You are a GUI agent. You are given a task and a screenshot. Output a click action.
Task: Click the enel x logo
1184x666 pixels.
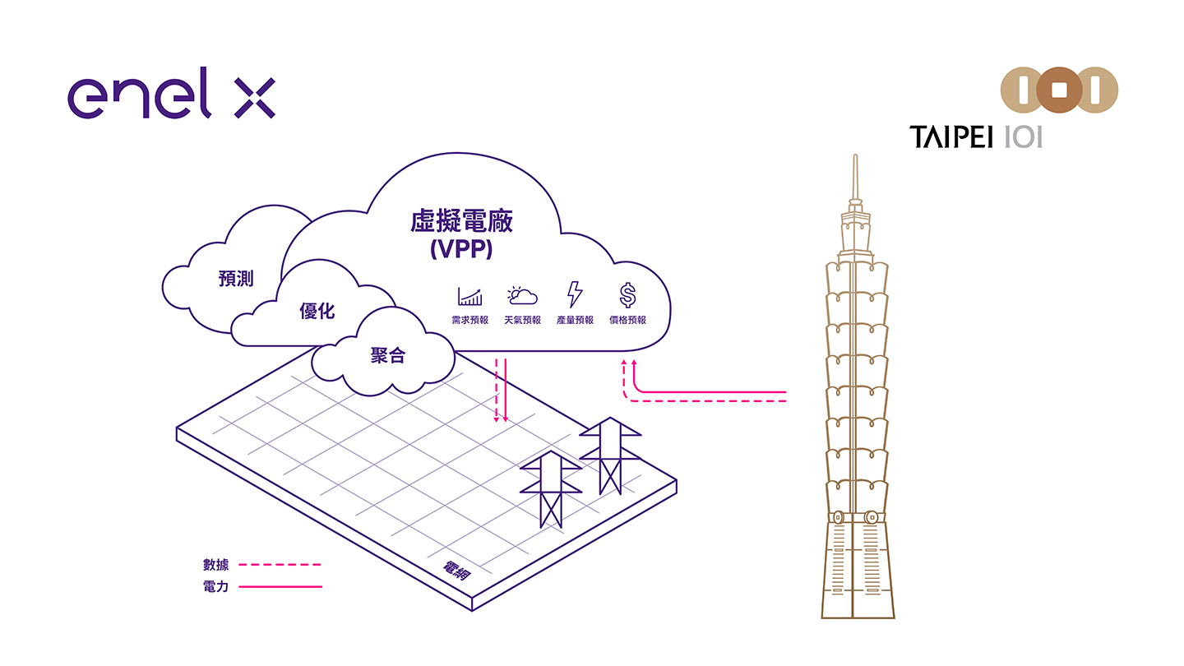[171, 98]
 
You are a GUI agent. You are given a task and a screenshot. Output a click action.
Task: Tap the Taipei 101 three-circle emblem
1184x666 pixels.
[1059, 90]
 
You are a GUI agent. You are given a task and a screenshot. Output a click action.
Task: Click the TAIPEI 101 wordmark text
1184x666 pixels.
[976, 136]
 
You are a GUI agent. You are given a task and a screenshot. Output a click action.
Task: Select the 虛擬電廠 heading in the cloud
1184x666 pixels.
[460, 222]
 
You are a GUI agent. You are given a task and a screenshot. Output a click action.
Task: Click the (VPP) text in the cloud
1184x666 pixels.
[460, 249]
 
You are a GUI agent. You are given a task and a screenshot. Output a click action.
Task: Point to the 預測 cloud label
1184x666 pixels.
[236, 279]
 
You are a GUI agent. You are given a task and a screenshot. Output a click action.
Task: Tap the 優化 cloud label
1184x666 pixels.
[317, 311]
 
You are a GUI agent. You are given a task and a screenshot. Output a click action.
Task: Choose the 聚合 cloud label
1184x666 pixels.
[387, 356]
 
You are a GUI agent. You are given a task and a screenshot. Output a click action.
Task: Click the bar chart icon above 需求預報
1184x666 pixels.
[469, 296]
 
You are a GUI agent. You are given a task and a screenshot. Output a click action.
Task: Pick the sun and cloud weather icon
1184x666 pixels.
[522, 295]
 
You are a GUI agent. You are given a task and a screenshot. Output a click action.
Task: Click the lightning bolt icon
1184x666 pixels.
[575, 294]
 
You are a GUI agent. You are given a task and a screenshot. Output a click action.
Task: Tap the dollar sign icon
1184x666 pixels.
[627, 294]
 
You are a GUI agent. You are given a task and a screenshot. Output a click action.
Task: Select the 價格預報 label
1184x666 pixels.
[627, 320]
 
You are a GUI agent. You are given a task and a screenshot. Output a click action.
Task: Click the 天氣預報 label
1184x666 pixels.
[522, 320]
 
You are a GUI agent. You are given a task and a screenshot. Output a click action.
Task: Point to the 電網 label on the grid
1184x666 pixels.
[456, 571]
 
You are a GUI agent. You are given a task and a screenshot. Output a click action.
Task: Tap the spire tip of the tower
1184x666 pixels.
[856, 158]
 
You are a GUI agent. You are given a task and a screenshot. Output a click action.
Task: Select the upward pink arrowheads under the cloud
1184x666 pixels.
[629, 363]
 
